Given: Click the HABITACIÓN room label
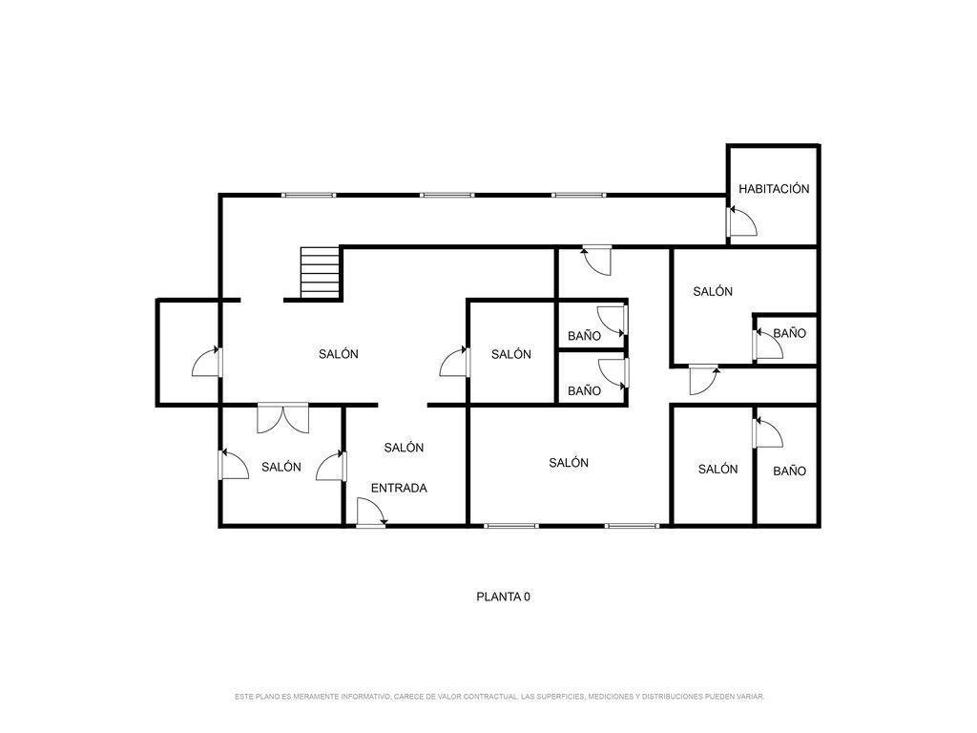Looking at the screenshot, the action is point(774,188).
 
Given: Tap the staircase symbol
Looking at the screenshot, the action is point(321,273).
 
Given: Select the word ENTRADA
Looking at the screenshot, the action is point(399,488).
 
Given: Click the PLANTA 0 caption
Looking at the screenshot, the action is point(504,597).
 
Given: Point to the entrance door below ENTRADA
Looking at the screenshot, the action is point(371,513).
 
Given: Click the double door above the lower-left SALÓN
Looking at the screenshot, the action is point(282,418).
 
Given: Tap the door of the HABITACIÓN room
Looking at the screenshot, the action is point(741,221).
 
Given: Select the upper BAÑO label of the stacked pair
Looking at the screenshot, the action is point(584,336).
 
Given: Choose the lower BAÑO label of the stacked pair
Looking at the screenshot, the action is point(584,390).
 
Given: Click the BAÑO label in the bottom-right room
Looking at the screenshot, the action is point(789,471).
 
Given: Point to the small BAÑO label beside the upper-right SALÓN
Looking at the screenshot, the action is point(789,333).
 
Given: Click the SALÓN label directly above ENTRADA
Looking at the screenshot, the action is point(404,448).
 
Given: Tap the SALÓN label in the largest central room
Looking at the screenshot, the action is point(339,354).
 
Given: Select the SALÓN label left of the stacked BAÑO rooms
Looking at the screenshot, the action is point(511,354).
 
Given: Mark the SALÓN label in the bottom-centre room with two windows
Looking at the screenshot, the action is point(569,463).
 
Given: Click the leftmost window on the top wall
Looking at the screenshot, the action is point(308,195).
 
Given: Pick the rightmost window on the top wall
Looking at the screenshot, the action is point(578,195).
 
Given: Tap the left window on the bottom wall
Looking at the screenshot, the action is point(511,526).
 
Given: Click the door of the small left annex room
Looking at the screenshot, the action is point(207,362).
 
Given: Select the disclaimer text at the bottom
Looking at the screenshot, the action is point(499,696).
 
